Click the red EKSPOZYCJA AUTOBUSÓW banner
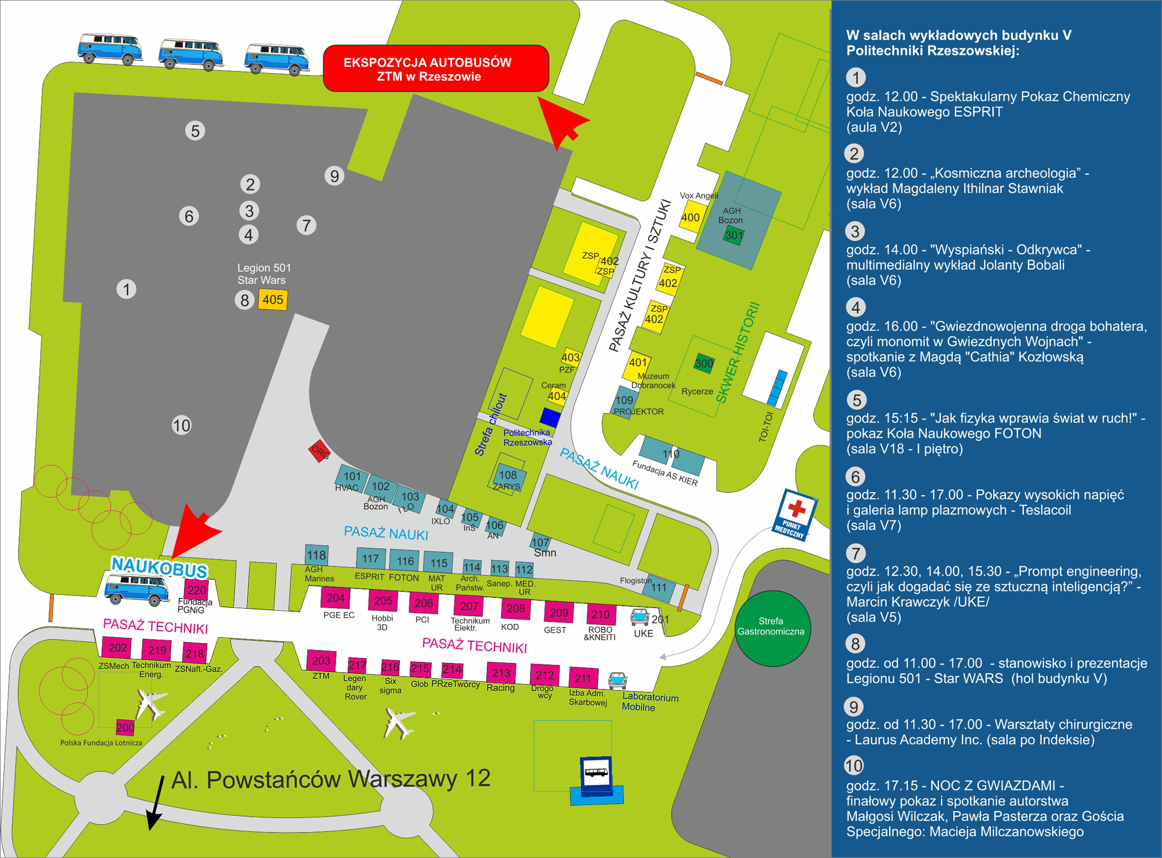436,69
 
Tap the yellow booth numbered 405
273,300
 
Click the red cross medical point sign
795,514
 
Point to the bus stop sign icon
596,772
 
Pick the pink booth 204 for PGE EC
335,598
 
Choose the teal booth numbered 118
316,555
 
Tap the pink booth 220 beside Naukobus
197,590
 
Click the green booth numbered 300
704,363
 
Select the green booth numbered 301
734,235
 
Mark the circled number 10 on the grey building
181,426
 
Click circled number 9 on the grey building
334,175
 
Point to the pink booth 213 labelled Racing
501,673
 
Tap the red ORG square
319,451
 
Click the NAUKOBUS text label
159,567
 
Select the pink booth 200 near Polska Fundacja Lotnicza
125,727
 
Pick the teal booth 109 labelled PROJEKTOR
625,400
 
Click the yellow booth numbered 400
691,217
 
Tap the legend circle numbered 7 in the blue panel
856,552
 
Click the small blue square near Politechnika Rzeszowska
550,417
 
